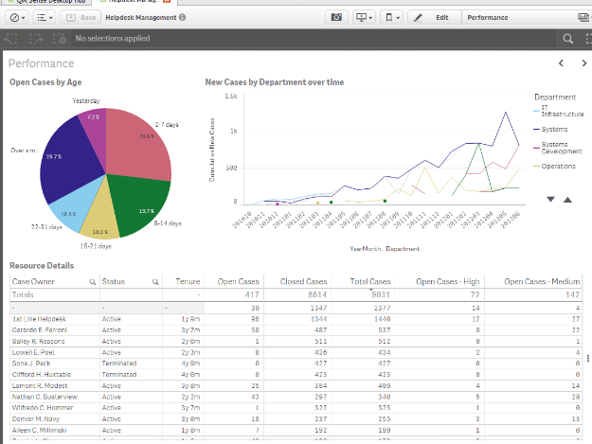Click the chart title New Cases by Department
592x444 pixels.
coord(275,82)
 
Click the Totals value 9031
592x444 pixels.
coord(379,294)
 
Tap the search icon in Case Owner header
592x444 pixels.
coord(92,282)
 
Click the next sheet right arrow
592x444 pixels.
coord(581,63)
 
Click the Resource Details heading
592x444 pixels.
coord(42,266)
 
